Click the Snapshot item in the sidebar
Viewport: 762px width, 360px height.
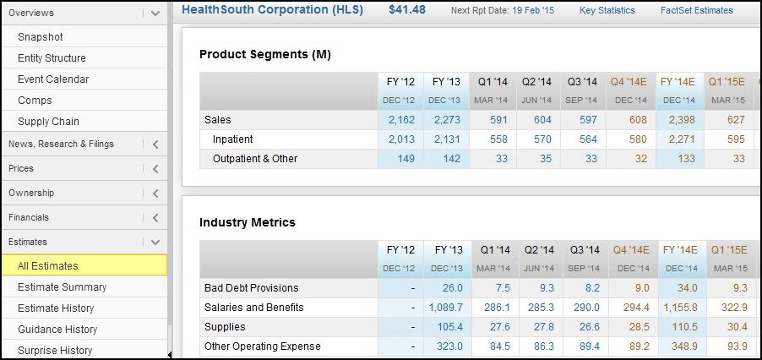[x=41, y=37]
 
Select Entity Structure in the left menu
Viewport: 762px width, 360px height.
[x=52, y=58]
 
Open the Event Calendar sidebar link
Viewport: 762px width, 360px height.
[x=53, y=79]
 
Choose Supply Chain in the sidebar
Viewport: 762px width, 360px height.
[x=48, y=122]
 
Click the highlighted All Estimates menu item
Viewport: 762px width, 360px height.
[x=48, y=266]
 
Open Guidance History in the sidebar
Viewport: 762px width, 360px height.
[x=57, y=330]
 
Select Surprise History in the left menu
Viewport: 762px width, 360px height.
[x=55, y=351]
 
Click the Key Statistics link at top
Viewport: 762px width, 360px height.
[x=607, y=11]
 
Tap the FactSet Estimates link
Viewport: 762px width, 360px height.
[x=696, y=11]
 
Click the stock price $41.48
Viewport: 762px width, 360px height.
[x=407, y=10]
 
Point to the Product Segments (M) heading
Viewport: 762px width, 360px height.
[x=265, y=54]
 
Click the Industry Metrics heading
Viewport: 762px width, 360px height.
[x=248, y=222]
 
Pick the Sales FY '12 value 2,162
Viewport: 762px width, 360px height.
[x=401, y=120]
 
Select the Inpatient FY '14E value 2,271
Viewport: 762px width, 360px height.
[x=678, y=139]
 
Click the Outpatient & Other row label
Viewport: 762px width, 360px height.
[x=255, y=159]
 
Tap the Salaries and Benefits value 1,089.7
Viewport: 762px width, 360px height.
[x=446, y=308]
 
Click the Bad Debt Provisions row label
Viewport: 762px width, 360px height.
[x=252, y=288]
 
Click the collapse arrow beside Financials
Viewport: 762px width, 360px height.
[x=155, y=218]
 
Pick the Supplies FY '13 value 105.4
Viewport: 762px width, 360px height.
[x=449, y=327]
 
